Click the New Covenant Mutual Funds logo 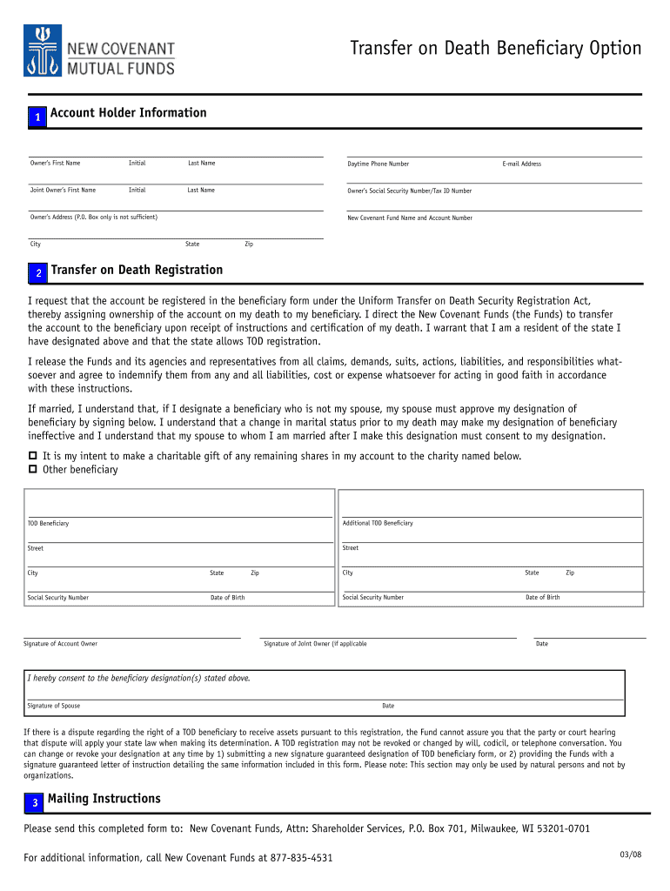coord(99,50)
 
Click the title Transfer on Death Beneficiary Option coord(495,48)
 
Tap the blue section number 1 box coord(37,117)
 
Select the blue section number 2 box coord(38,274)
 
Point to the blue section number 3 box coord(34,802)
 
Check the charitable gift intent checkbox coord(33,456)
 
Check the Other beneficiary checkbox coord(33,470)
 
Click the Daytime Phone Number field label coord(378,164)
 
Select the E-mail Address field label coord(521,164)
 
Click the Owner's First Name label coord(55,164)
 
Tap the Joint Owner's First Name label coord(63,190)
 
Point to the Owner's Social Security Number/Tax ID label coord(409,191)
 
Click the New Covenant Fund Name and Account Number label coord(410,218)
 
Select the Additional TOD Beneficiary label coord(378,523)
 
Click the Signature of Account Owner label coord(60,644)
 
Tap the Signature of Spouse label coord(53,706)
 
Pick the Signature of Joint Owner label coord(315,644)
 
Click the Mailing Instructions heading coord(104,799)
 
